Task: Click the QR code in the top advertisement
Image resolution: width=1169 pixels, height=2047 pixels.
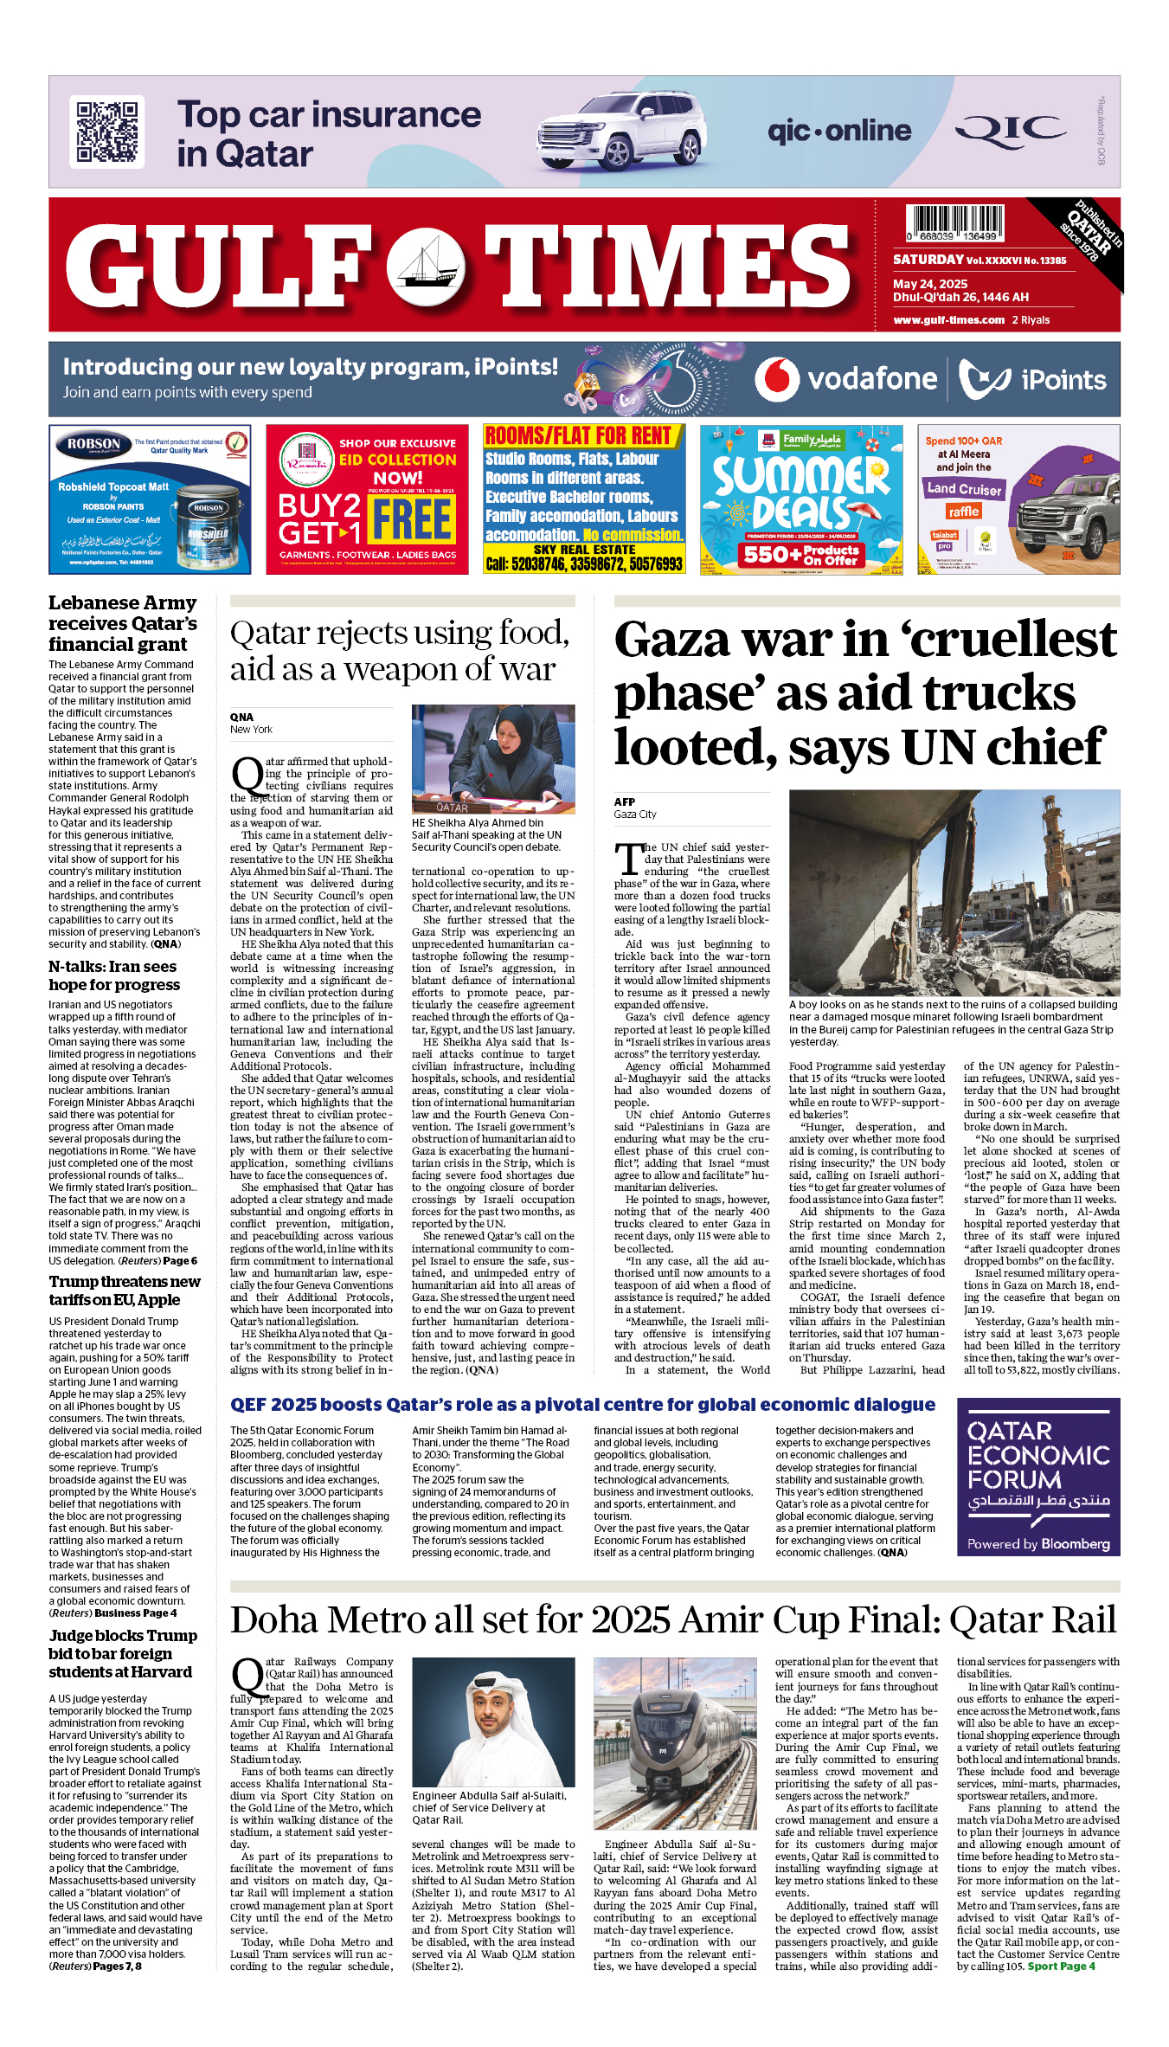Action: click(x=106, y=132)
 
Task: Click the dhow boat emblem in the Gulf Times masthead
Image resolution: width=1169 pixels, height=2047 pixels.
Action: click(x=426, y=267)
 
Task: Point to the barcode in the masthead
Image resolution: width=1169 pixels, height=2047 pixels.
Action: click(x=955, y=222)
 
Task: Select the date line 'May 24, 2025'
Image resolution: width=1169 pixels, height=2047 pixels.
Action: click(x=930, y=284)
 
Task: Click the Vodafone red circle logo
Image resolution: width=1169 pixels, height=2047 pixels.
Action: click(x=776, y=379)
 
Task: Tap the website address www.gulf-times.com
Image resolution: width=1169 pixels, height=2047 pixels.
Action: click(x=948, y=319)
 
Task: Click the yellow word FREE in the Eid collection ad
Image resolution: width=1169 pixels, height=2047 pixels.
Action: click(x=413, y=519)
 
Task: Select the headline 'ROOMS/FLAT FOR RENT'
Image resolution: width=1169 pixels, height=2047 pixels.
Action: click(x=578, y=435)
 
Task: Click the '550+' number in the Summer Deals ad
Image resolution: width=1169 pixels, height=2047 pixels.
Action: click(x=766, y=554)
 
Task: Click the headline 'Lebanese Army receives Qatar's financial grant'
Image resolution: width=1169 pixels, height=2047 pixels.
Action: click(x=122, y=623)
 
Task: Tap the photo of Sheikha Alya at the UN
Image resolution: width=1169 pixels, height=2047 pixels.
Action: click(x=493, y=758)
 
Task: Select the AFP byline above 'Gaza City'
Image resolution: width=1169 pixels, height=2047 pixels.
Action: click(x=625, y=801)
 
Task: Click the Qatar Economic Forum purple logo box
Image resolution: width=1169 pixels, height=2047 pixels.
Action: click(x=1037, y=1477)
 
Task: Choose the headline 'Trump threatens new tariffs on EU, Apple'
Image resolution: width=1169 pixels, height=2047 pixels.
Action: click(x=125, y=1291)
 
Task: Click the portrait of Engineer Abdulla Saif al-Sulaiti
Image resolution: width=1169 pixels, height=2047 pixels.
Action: click(x=493, y=1722)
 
